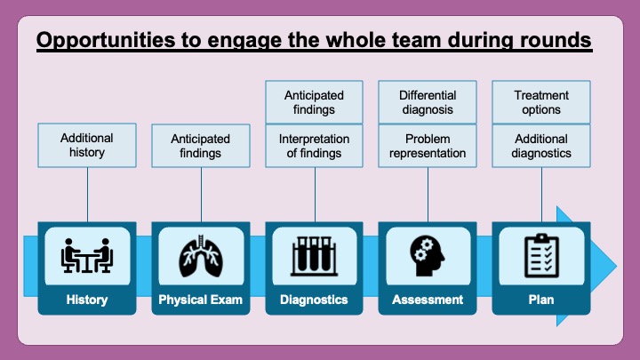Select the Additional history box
87,146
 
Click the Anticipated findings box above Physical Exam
201,146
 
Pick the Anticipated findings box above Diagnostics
314,102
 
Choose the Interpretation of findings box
314,146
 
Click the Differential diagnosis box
428,102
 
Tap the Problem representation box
428,146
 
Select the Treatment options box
540,102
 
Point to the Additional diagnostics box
540,146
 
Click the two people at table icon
87,255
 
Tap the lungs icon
201,255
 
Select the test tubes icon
314,255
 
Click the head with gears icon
428,255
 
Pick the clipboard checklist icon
540,255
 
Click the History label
87,300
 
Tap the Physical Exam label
201,300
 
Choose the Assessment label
428,300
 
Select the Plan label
540,300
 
